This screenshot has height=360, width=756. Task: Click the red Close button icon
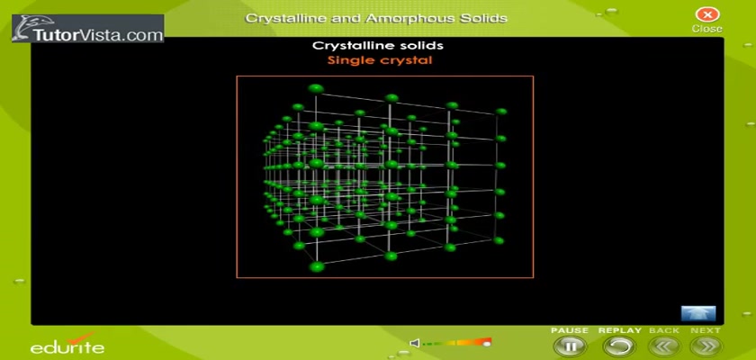click(x=707, y=14)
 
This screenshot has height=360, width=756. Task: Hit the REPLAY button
click(x=619, y=346)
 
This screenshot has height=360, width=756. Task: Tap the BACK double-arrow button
click(x=664, y=346)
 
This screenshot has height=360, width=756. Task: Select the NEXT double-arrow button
click(x=706, y=346)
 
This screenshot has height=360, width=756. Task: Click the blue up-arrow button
click(x=698, y=313)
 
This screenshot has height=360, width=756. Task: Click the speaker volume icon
click(x=414, y=343)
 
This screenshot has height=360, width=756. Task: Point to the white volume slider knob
click(x=487, y=344)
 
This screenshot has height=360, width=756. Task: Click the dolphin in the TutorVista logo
click(x=23, y=29)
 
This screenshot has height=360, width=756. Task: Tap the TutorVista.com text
click(x=98, y=35)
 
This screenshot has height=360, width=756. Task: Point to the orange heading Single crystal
click(x=380, y=60)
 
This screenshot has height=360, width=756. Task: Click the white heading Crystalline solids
click(x=378, y=46)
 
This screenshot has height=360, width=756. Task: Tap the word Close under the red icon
click(x=707, y=29)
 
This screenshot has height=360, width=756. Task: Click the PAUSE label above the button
click(x=570, y=330)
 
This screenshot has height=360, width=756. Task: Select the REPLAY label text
click(x=620, y=330)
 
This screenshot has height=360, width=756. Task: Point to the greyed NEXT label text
click(x=706, y=330)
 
